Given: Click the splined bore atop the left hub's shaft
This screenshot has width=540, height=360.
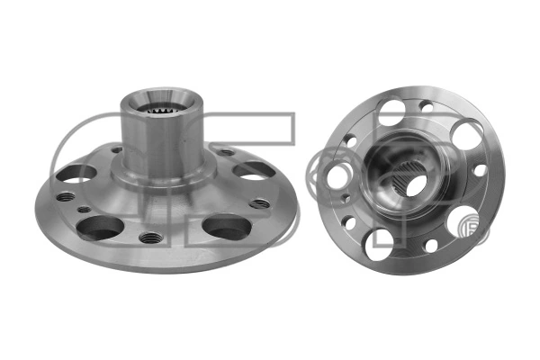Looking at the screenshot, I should [x=163, y=112].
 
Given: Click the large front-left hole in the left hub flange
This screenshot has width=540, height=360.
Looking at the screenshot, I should [x=99, y=227].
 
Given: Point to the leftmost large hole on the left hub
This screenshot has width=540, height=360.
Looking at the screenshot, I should [x=78, y=171].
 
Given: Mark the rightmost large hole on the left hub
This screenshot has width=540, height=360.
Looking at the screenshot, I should [x=251, y=169].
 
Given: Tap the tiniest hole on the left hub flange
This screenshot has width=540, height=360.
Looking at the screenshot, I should [x=84, y=210].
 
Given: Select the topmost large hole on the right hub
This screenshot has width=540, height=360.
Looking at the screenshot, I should [x=391, y=112].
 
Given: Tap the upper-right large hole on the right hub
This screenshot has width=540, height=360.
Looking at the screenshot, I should [x=466, y=135].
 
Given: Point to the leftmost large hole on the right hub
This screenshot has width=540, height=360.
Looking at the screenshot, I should [x=338, y=175].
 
